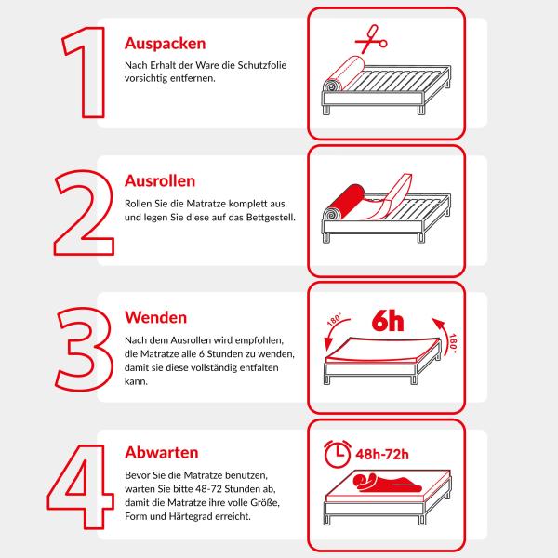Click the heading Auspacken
pos(166,44)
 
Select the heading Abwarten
pos(162,453)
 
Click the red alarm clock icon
pos(339,454)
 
